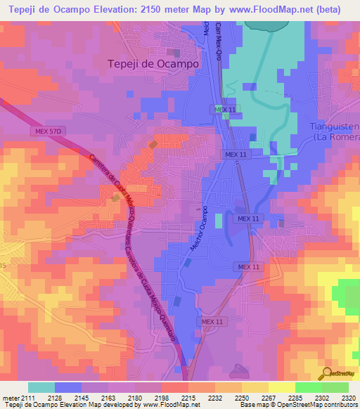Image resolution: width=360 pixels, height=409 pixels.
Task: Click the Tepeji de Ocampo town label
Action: (x=153, y=63)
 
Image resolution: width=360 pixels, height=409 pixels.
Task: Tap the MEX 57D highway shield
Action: (x=46, y=131)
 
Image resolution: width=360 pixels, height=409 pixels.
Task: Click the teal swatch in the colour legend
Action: (x=41, y=387)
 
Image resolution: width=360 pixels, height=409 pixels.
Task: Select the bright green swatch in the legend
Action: (x=309, y=387)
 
